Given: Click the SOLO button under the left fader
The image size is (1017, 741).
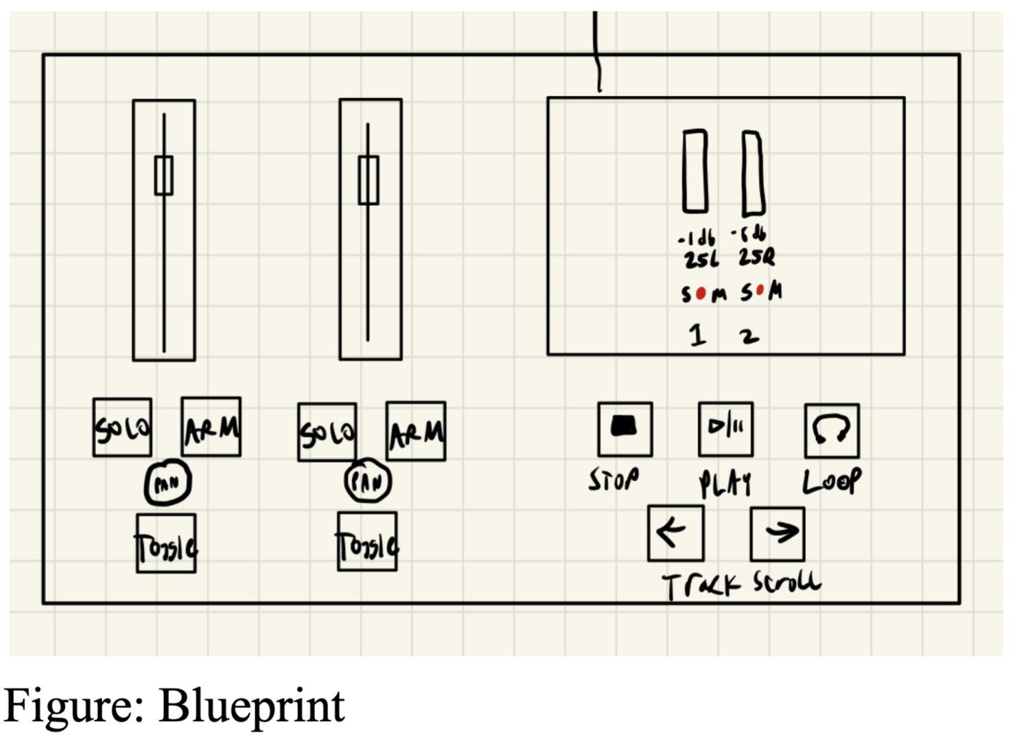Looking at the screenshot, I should point(122,427).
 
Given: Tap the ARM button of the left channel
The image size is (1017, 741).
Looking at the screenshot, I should point(211,427).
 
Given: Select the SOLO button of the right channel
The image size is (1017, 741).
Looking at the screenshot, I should point(327,432).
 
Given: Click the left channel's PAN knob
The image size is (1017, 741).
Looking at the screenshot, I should point(167,483).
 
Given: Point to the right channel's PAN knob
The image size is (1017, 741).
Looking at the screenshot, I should point(368,482).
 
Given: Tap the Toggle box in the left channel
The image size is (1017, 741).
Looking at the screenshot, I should point(166,543).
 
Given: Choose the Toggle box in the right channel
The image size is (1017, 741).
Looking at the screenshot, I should point(367,542).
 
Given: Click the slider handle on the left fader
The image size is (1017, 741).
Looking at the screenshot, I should point(163,176).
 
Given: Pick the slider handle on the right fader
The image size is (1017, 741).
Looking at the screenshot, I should point(369,180).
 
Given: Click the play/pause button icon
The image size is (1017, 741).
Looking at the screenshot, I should point(725,430).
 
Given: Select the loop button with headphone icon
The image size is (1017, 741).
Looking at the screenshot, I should point(832,431).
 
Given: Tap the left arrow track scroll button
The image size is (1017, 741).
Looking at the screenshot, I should point(675,533).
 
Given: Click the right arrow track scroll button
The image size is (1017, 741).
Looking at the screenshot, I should point(778,534).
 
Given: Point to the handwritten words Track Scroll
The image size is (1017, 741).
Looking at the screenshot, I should point(741,585).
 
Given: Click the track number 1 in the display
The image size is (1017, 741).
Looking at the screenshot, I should point(698,335).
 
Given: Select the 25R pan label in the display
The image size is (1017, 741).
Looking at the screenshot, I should point(756,258).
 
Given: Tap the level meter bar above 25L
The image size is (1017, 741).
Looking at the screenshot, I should point(695,171).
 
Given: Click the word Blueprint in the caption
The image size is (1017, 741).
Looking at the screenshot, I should point(251,705).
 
